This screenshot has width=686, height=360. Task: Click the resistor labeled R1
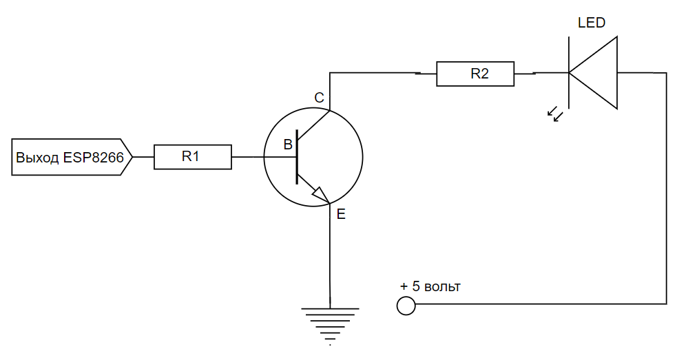192,157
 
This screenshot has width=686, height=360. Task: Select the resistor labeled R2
475,74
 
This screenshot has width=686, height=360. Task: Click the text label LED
591,23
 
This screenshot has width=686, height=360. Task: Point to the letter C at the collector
319,98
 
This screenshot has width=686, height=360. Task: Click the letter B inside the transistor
288,145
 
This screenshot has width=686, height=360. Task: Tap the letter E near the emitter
341,215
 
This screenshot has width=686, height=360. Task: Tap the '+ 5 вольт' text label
430,286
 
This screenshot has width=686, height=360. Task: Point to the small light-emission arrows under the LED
555,114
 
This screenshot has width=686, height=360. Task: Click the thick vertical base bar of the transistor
297,157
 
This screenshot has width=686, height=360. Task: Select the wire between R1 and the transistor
248,157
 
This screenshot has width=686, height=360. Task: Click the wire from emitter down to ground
331,255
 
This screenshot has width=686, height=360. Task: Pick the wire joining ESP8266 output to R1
143,157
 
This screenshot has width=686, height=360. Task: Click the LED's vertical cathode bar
568,72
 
